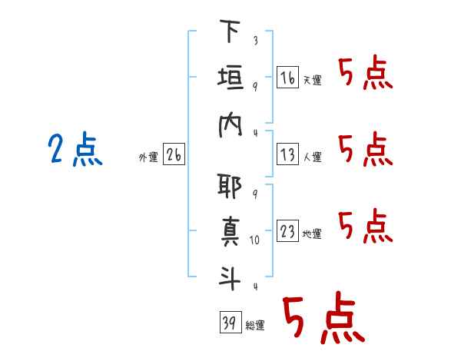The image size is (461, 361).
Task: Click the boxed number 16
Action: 287,78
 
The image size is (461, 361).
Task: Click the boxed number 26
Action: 174,156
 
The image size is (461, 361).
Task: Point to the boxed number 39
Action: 229,323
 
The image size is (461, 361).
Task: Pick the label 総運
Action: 255,326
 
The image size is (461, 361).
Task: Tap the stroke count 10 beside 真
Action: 256,240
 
